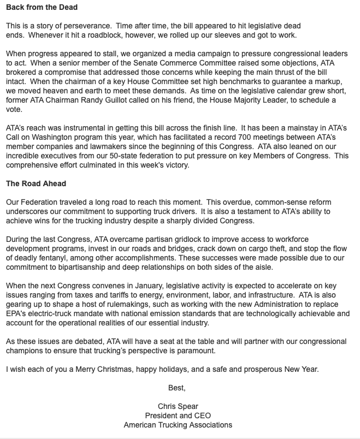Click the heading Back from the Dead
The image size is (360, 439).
pos(42,8)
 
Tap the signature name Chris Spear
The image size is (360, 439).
pos(178,406)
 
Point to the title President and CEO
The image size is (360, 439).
pos(178,416)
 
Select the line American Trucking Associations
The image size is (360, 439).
pos(178,425)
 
